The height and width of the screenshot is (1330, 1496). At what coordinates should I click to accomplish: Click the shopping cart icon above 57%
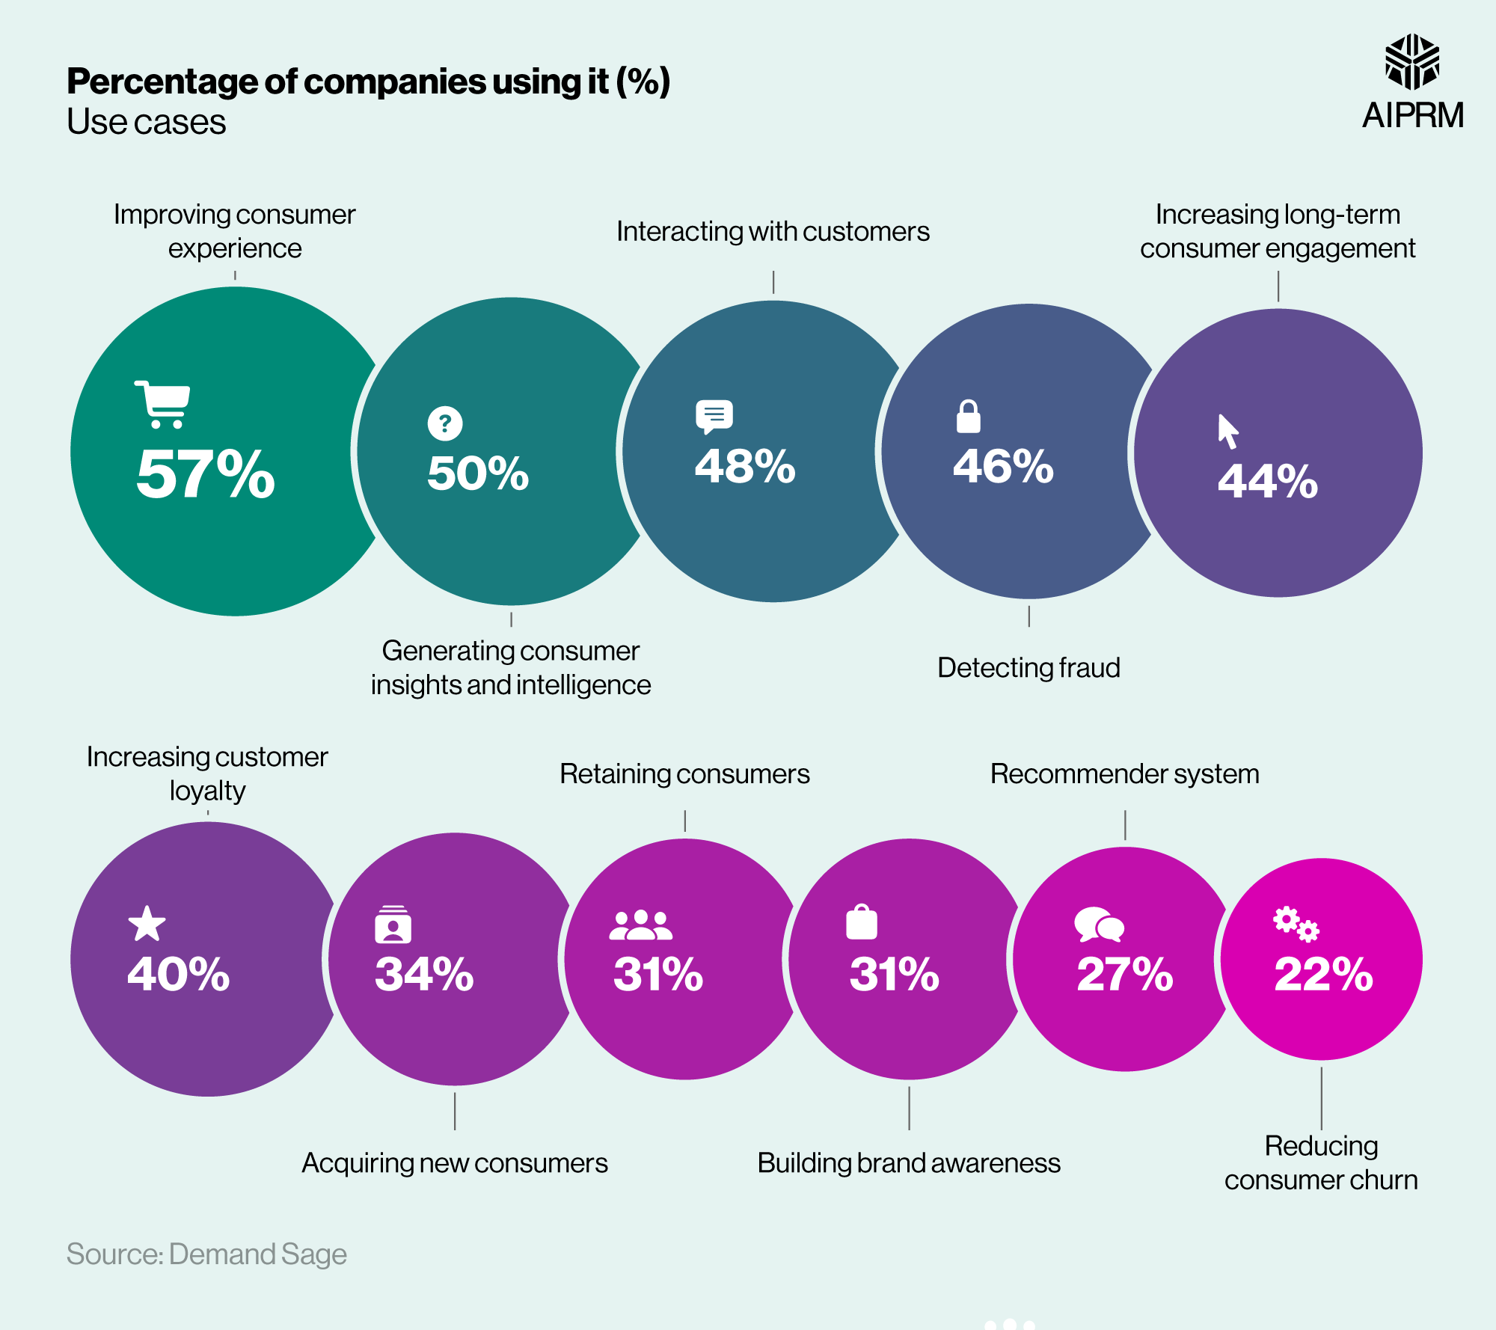162,404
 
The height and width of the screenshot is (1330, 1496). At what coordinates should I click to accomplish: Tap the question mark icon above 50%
445,423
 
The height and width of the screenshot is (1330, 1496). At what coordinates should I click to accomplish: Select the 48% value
745,466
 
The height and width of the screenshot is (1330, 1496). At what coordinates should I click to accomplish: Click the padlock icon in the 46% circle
968,417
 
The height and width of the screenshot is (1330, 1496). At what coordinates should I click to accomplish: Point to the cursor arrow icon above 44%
1227,432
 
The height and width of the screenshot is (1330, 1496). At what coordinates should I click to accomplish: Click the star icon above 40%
147,924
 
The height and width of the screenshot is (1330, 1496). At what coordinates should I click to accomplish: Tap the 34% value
424,974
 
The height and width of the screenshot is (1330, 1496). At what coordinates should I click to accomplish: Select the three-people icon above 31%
640,925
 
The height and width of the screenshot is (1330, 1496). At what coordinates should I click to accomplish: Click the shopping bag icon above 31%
861,922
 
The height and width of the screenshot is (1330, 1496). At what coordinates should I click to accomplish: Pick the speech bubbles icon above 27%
1099,925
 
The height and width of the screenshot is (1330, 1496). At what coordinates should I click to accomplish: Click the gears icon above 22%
1296,925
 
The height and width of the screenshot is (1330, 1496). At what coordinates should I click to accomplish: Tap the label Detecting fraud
1028,667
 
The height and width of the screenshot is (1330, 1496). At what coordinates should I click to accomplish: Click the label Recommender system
1124,773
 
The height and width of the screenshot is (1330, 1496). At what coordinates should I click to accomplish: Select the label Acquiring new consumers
455,1163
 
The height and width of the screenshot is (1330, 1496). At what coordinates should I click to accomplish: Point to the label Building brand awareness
909,1163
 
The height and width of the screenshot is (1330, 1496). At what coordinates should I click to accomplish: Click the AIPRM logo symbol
1412,62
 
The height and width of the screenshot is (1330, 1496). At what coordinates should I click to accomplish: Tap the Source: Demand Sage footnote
206,1254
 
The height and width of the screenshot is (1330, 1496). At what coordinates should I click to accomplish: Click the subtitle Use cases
147,122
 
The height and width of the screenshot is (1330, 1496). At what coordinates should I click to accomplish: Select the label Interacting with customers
773,231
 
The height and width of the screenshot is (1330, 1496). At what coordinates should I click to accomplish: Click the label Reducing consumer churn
1321,1163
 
